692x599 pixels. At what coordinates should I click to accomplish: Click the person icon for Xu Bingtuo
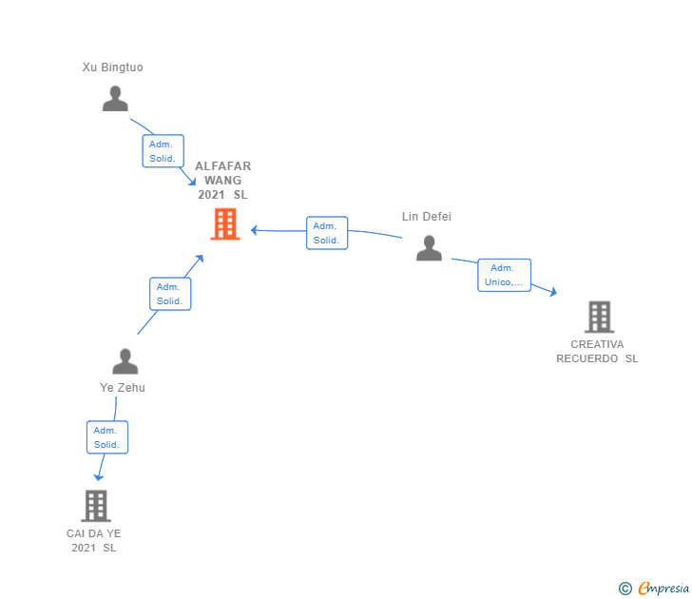coord(115,99)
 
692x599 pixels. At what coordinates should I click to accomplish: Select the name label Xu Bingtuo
coord(112,68)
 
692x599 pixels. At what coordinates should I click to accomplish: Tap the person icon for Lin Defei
coord(429,248)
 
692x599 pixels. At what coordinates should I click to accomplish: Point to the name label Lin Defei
coord(426,217)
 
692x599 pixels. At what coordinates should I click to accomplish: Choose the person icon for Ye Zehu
coord(125,361)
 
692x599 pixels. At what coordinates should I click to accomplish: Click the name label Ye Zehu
coord(123,388)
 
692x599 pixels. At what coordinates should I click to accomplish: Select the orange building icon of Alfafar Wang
coord(225,224)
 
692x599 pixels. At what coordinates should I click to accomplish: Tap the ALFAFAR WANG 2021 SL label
coord(222,181)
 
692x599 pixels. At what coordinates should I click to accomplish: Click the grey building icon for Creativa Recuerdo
coord(599,317)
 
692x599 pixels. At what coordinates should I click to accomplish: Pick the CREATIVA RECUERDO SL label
coord(597,352)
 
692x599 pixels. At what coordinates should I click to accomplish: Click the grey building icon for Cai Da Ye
coord(95,506)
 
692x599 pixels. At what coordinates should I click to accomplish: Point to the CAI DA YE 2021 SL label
coord(94,540)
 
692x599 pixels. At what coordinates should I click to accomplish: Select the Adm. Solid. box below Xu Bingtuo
coord(163,151)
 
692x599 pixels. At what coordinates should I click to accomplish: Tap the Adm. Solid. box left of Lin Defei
coord(327,233)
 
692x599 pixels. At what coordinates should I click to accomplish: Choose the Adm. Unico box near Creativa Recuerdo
coord(504,275)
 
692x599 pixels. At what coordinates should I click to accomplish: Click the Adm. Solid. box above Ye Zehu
coord(170,294)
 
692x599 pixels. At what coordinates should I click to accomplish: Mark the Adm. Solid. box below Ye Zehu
coord(106,437)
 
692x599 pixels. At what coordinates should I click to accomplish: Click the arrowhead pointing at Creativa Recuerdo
coord(552,293)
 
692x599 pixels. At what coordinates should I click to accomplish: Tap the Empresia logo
coord(654,588)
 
